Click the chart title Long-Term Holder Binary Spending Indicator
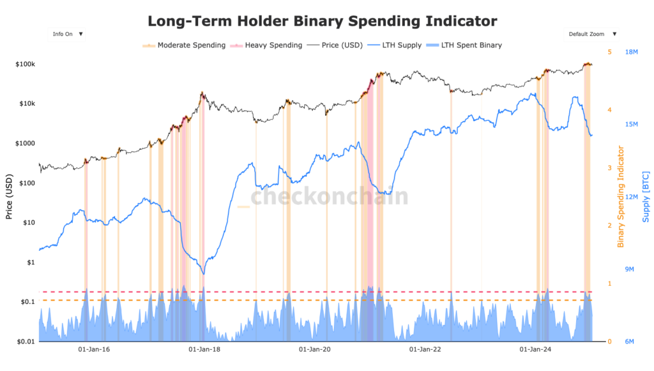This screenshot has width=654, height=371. [x=322, y=21]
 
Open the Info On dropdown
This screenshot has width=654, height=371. [x=66, y=34]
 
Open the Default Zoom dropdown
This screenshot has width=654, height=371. [x=592, y=34]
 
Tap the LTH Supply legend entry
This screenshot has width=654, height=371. [x=401, y=45]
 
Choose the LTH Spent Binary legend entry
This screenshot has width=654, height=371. [x=471, y=45]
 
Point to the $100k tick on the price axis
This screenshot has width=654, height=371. [x=25, y=65]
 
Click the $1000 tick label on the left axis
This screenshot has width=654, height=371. [x=25, y=143]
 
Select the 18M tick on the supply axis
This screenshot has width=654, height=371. [x=632, y=52]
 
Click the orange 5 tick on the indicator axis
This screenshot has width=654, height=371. [x=610, y=52]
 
